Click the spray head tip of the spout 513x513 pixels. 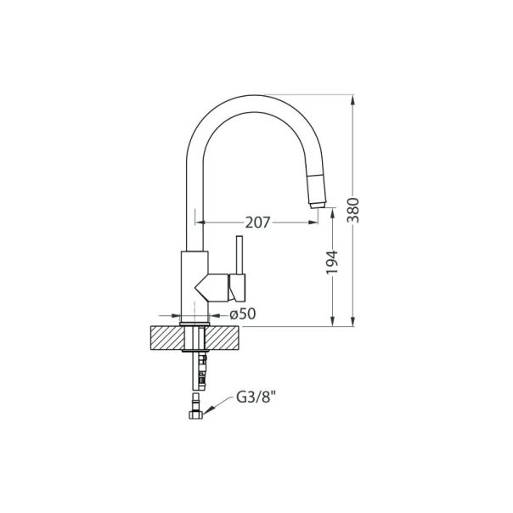point(317,203)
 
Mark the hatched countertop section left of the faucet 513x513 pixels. point(166,336)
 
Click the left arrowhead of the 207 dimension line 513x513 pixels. point(200,223)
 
